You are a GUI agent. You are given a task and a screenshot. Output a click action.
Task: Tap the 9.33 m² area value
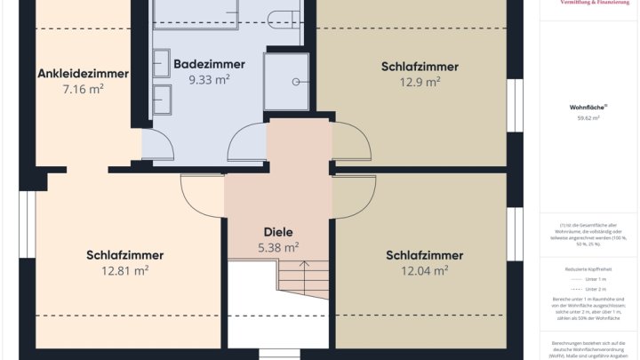[209, 79]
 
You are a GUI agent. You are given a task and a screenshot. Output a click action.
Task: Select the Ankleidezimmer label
[83, 74]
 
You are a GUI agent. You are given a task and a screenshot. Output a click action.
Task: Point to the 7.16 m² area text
[83, 89]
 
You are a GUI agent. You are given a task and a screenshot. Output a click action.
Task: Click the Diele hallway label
[278, 232]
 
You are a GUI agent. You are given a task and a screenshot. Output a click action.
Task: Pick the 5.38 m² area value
[278, 247]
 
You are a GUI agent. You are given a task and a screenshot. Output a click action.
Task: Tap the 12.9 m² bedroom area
[420, 82]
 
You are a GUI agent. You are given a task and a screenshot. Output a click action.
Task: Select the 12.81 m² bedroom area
[125, 271]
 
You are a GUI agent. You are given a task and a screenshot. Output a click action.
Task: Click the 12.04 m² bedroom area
[424, 270]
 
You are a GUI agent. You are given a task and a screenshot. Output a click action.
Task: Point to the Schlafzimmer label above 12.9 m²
[420, 67]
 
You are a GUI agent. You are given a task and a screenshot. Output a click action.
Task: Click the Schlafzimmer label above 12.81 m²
[125, 256]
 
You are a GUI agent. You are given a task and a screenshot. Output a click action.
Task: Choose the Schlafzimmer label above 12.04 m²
[424, 255]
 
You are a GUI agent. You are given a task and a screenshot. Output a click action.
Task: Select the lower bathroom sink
[162, 94]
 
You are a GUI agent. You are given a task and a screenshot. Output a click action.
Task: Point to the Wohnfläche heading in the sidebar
[588, 107]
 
